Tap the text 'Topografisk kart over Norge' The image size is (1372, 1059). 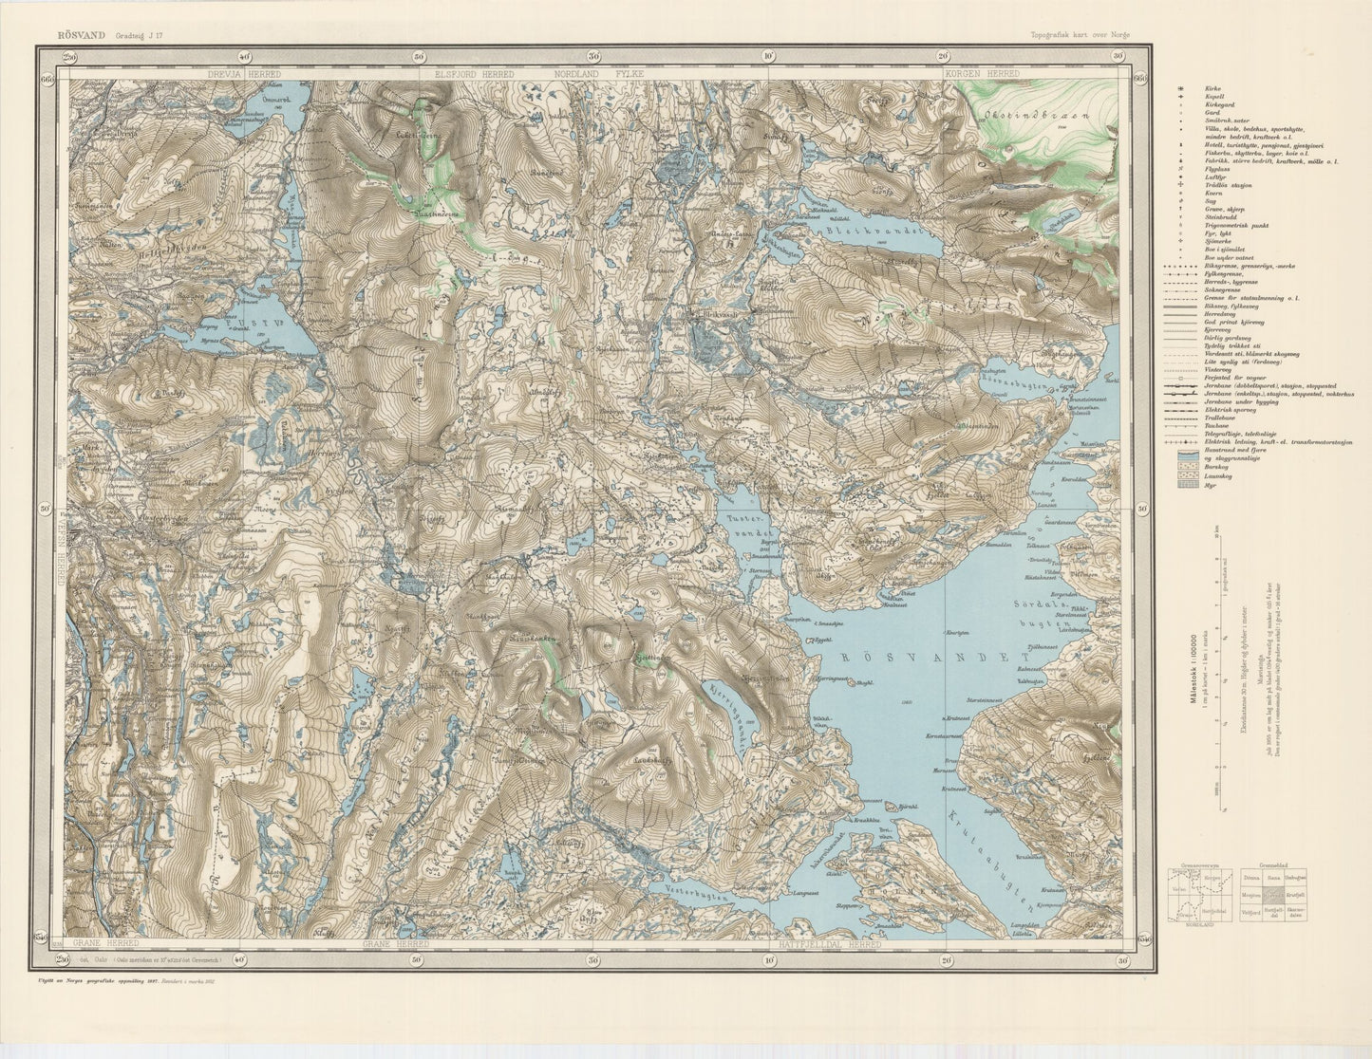tap(1080, 35)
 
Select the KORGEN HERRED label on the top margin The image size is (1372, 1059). tap(981, 73)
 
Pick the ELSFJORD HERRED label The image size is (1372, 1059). tap(474, 73)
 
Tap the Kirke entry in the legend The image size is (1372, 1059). tap(1198, 87)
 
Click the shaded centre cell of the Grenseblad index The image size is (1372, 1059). tap(1275, 894)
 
